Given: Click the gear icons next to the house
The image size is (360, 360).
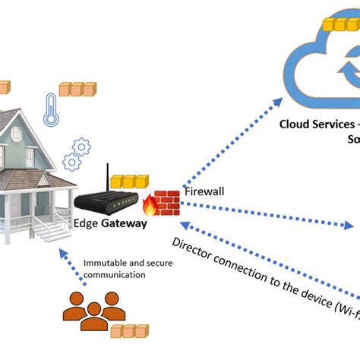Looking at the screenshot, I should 77,154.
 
